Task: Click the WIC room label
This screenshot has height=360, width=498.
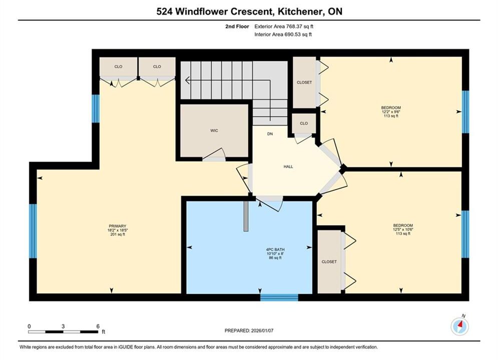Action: (x=214, y=130)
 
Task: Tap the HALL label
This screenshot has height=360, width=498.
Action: (x=288, y=166)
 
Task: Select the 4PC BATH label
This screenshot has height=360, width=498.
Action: (x=275, y=249)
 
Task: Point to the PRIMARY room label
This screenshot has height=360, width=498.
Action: (x=118, y=226)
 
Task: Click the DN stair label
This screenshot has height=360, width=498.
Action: (x=270, y=134)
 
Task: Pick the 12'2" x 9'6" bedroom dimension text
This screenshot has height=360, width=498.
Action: (x=391, y=112)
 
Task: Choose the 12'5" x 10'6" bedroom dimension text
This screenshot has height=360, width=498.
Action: (x=403, y=229)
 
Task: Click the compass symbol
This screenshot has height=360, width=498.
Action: (x=460, y=326)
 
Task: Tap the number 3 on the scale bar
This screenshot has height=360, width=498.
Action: (x=63, y=326)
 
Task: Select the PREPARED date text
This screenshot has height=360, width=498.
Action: (x=249, y=330)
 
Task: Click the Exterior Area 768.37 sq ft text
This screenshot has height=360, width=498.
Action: (x=284, y=26)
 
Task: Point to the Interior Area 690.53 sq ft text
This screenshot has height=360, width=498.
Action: (x=283, y=34)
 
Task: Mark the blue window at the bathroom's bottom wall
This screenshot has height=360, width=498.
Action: (x=279, y=297)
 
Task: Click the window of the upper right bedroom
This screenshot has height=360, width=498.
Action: (x=465, y=112)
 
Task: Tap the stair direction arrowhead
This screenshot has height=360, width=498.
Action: (x=187, y=80)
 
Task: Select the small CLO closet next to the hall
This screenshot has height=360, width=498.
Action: (x=304, y=123)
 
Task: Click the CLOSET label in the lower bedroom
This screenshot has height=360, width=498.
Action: (x=329, y=261)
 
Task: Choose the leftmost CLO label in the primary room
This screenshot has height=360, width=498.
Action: (x=118, y=66)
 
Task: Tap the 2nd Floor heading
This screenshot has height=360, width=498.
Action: (x=237, y=26)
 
